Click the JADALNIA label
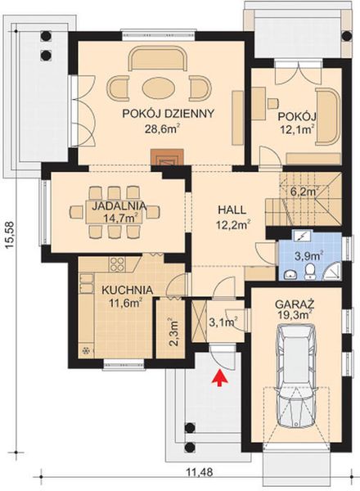115,205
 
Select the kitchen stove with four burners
115,264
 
